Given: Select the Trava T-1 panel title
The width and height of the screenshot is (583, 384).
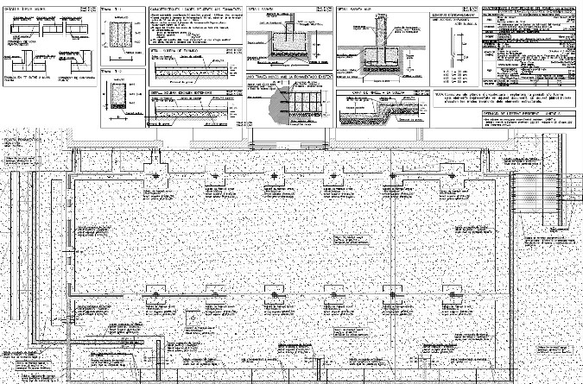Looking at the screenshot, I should click(x=109, y=6).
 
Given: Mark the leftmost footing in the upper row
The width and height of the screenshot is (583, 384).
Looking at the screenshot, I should click(x=155, y=179).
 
